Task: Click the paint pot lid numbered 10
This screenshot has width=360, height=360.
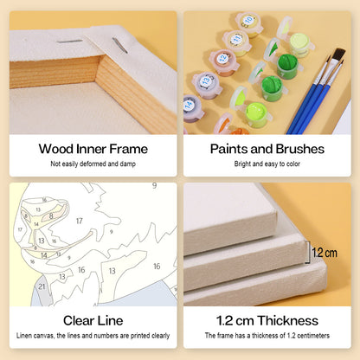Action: pyautogui.click(x=248, y=21)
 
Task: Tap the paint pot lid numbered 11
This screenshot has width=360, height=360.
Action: pyautogui.click(x=236, y=39)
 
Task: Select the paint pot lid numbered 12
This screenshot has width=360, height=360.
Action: pyautogui.click(x=222, y=59)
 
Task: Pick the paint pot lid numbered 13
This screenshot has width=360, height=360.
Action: pyautogui.click(x=205, y=81)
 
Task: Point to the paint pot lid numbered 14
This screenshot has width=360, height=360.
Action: pyautogui.click(x=190, y=105)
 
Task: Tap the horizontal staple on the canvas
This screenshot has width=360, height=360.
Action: pyautogui.click(x=69, y=42)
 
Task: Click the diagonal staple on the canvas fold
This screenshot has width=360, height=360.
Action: pyautogui.click(x=119, y=45)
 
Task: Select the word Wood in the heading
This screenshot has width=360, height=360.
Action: pyautogui.click(x=56, y=149)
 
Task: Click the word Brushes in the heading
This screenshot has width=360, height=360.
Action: pyautogui.click(x=299, y=149)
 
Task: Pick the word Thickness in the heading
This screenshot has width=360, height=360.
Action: pyautogui.click(x=288, y=321)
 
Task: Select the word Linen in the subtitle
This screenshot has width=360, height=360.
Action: pyautogui.click(x=23, y=336)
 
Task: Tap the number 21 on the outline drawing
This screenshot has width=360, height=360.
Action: pyautogui.click(x=42, y=286)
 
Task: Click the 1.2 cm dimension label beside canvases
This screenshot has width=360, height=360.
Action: pyautogui.click(x=325, y=253)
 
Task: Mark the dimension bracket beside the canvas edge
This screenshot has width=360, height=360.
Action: pyautogui.click(x=308, y=253)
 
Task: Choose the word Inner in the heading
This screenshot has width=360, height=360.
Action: pyautogui.click(x=92, y=149)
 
